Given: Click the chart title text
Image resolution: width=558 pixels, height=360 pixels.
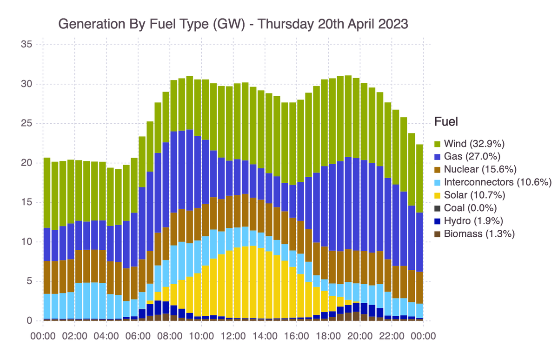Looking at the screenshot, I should coord(233,24).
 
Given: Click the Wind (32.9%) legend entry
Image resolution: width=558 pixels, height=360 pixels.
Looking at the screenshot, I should coord(474,143).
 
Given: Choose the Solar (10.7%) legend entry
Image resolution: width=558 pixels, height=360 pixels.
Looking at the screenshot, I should coord(474,195).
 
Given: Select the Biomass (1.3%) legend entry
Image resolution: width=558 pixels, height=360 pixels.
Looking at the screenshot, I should coord(479,234).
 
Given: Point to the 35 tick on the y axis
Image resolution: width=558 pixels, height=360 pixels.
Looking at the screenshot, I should coord(27,45).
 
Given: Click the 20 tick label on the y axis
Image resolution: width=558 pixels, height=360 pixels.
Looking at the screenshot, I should coord(27,163).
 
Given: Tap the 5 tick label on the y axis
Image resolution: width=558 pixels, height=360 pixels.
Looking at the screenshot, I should coord(29,281).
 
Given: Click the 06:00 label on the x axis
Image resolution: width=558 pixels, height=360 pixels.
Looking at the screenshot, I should coord(138,336).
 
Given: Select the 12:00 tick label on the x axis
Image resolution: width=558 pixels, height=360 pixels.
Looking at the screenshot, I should coord(233,336).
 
